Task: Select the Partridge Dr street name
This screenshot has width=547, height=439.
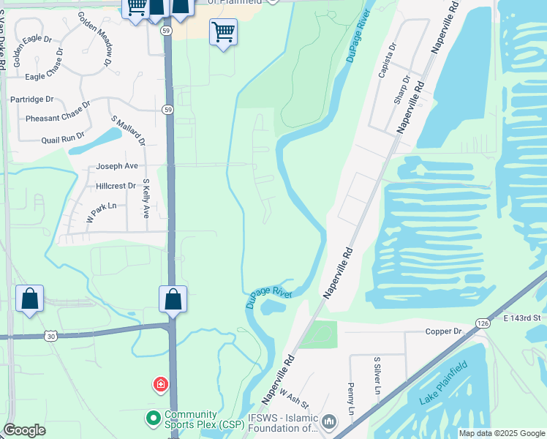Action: [31, 99]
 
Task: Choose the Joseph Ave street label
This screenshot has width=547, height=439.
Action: [116, 166]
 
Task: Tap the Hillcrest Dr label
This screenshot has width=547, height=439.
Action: [116, 186]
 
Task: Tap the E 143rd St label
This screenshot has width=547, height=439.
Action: [521, 318]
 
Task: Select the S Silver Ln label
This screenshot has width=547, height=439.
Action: [377, 376]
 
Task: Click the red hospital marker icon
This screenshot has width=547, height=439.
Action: [160, 384]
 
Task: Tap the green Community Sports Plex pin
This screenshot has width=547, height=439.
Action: [153, 419]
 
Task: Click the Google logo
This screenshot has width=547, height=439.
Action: [24, 430]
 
